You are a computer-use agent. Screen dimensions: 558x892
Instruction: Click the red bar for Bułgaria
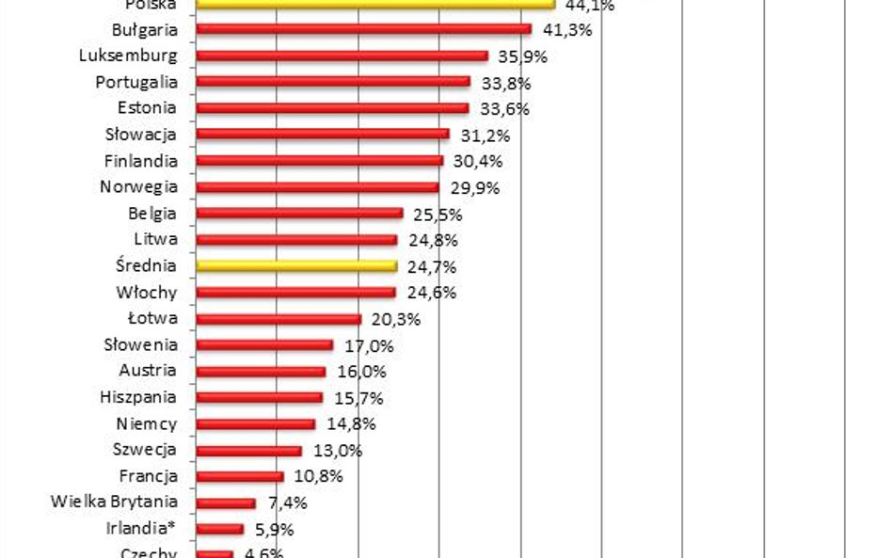(x=363, y=29)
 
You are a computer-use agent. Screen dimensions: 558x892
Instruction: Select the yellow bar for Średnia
(x=296, y=266)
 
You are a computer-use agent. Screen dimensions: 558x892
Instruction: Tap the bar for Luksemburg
(x=342, y=56)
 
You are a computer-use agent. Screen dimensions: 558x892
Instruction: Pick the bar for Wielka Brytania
(x=226, y=503)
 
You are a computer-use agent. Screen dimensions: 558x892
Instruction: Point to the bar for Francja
(x=240, y=477)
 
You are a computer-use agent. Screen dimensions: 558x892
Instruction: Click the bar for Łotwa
(x=279, y=319)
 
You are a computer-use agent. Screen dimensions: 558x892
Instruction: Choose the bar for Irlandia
(x=219, y=529)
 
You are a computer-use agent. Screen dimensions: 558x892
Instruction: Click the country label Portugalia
(x=136, y=82)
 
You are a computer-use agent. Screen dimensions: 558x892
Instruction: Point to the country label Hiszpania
(x=137, y=398)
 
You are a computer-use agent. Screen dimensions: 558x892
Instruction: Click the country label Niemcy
(x=147, y=424)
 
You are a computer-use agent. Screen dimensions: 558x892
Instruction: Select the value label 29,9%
(x=475, y=187)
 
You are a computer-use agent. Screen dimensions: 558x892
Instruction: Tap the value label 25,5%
(x=438, y=214)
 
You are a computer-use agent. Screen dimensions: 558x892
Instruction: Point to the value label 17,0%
(x=370, y=345)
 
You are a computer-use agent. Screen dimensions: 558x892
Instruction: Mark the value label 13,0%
(x=338, y=451)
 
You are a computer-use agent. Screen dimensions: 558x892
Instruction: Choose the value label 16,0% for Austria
(x=362, y=372)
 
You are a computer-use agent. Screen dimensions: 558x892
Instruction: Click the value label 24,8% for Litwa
(x=433, y=240)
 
